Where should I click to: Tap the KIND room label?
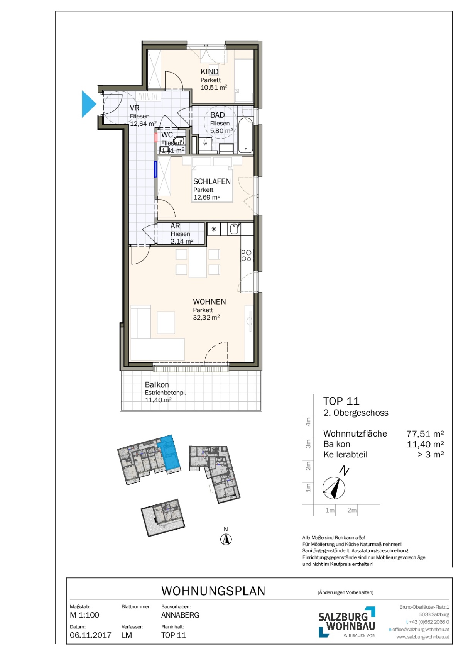(x=209, y=72)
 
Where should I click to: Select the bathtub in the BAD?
(x=246, y=135)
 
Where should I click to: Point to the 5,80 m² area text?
(x=221, y=131)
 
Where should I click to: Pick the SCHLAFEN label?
(x=212, y=181)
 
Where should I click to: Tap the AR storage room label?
(x=175, y=226)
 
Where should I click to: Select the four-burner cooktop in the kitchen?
(x=246, y=256)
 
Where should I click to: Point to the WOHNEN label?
(x=209, y=301)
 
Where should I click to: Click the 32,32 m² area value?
(x=206, y=317)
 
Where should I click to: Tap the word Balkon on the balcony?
(x=157, y=384)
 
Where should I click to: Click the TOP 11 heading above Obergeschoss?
(x=341, y=401)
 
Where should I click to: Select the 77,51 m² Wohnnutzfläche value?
(x=425, y=434)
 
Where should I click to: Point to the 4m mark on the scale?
(x=308, y=421)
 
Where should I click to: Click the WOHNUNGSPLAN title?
(x=213, y=591)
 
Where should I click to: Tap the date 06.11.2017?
(x=91, y=635)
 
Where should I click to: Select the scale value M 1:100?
(x=84, y=615)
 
